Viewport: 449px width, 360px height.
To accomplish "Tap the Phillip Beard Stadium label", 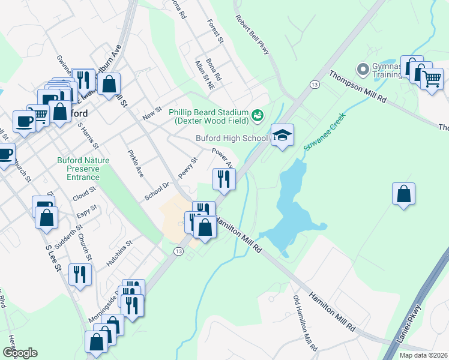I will (208, 116).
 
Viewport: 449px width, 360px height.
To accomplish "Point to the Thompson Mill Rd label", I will (357, 88).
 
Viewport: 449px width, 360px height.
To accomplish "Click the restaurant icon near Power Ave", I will (224, 178).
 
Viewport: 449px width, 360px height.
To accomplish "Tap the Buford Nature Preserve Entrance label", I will (79, 169).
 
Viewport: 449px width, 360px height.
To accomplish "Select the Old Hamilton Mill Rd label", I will (304, 323).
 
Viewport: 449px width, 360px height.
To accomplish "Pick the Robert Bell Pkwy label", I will (252, 35).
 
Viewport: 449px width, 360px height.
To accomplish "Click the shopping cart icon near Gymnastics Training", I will (432, 79).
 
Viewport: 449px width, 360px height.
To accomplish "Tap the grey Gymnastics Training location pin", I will (363, 70).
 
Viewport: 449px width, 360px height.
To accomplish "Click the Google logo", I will (20, 352).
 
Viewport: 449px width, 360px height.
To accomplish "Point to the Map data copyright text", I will (423, 355).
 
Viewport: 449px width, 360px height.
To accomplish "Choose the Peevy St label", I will (187, 169).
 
